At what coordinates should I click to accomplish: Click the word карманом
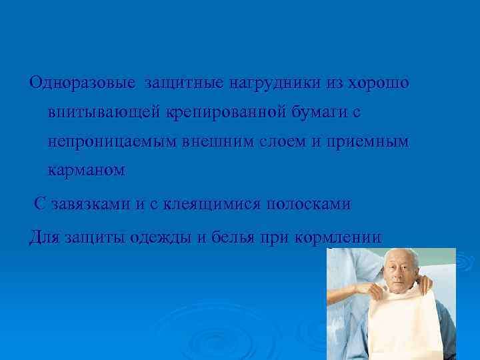[87, 171]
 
